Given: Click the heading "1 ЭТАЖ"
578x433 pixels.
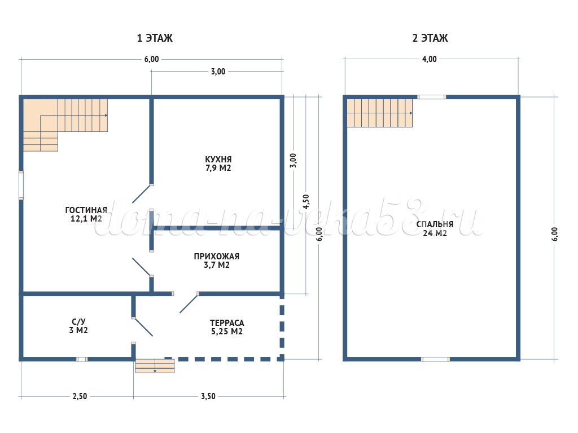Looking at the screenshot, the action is pos(155,38).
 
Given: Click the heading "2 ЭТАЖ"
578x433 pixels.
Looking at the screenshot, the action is pos(430,38).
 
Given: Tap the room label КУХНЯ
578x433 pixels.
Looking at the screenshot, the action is pos(218,160).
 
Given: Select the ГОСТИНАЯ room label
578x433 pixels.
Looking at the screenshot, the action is pos(86,210).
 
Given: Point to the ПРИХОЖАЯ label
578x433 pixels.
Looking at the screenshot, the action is pos(217,257).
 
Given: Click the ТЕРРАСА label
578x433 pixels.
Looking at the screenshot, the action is pos(227,323).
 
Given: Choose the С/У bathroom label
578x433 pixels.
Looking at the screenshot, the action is pos(78,322).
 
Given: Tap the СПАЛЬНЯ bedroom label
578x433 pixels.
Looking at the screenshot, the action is pos(435,224).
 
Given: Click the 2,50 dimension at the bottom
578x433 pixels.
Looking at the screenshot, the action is pos(80,396).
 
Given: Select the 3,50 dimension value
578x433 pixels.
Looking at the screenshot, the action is pos(208,396).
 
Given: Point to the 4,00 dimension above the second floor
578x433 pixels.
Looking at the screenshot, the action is pos(430,59).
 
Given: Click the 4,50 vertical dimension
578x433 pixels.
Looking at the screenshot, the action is pos(306,202).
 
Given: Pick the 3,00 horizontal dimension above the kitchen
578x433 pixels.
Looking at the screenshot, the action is pos(218,72).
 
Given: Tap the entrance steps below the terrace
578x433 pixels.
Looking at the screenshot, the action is pos(155,366).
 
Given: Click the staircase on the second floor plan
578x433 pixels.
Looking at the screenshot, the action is pos(380,113).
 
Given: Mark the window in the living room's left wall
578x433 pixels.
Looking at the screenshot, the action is pos(21,185).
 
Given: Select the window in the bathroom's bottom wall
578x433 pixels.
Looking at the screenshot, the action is pos(82,359).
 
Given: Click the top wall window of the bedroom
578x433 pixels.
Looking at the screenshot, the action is pos(432,97).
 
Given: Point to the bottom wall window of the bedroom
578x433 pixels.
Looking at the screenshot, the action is pos(435,359).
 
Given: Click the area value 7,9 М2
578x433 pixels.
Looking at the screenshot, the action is pos(218,168).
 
